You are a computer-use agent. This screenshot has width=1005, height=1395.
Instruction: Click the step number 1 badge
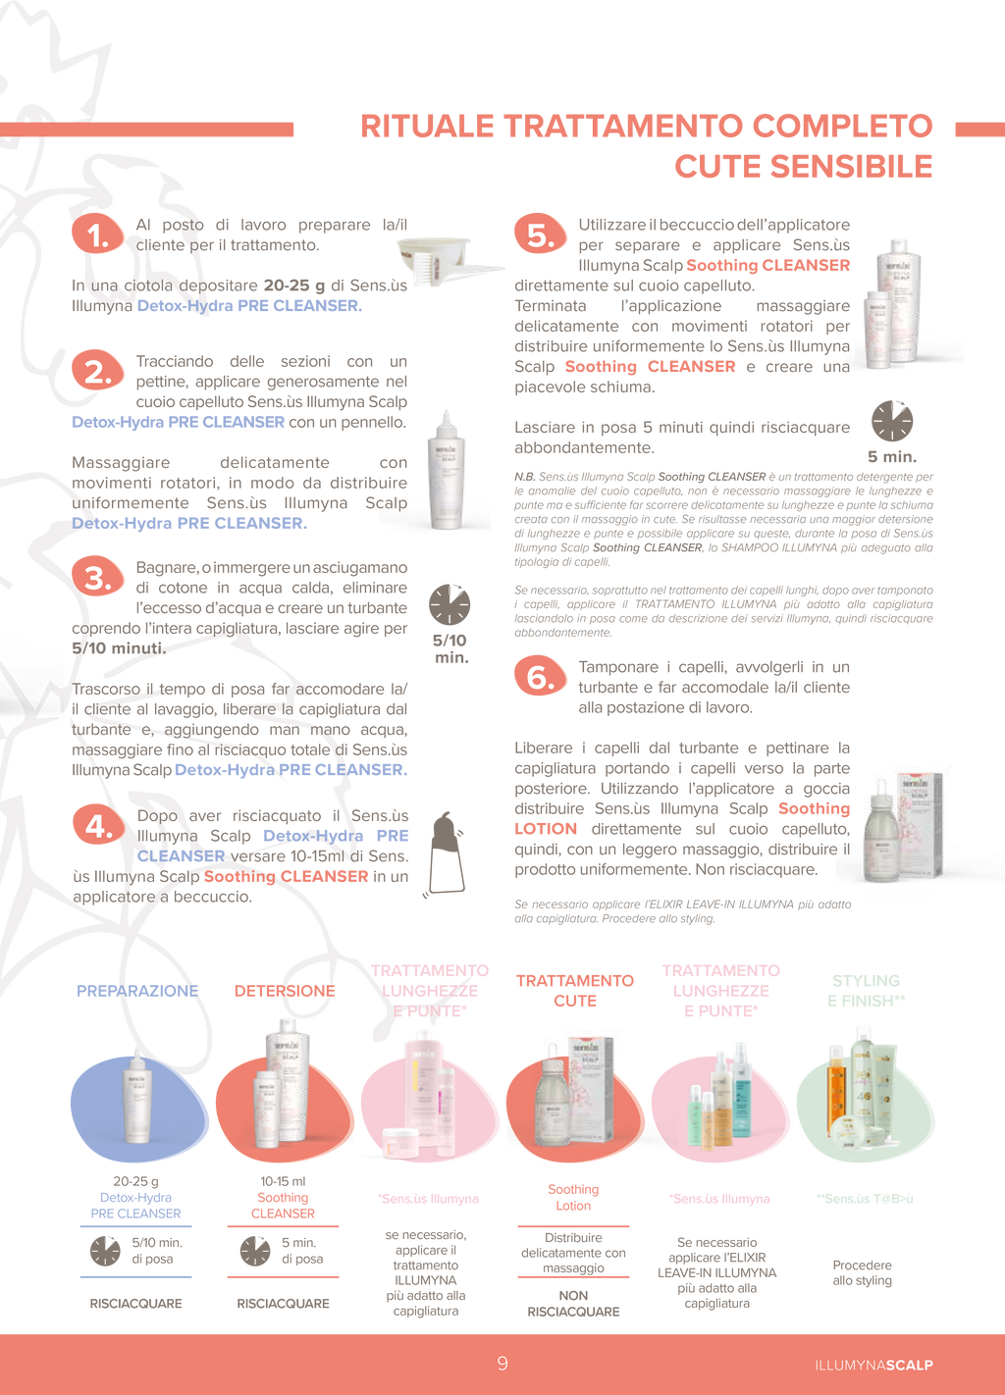click(x=98, y=234)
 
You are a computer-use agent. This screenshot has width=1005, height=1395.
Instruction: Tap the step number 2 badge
click(x=98, y=372)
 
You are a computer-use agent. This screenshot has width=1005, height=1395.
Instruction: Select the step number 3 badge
click(x=98, y=578)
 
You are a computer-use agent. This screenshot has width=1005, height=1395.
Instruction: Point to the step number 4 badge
click(x=98, y=826)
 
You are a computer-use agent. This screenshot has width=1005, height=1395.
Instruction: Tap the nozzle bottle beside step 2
click(x=448, y=470)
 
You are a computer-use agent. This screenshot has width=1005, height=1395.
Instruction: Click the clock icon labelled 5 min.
click(x=892, y=421)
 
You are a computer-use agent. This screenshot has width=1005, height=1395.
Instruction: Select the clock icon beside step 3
click(x=450, y=604)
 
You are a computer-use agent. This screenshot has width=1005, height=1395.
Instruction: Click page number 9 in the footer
click(x=502, y=1364)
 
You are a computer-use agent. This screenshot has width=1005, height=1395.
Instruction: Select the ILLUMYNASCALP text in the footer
click(x=873, y=1365)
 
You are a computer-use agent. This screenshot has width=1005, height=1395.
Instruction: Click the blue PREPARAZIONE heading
click(x=137, y=990)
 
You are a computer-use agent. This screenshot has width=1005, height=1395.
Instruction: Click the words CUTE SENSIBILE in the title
click(x=803, y=166)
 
